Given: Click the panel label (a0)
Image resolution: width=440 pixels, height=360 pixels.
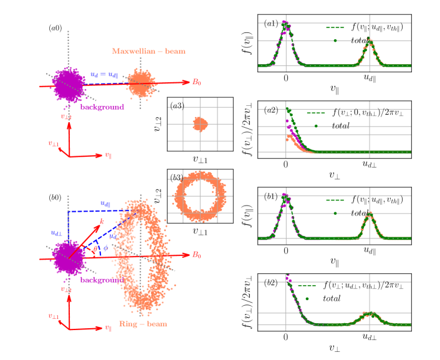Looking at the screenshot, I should tap(55, 28).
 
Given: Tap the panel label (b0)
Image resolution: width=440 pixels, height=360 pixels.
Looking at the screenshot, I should tap(55, 198).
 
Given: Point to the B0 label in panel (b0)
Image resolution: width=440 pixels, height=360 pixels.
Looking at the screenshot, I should tap(196, 254).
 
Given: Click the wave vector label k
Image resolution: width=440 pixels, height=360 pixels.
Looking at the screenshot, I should tap(102, 221).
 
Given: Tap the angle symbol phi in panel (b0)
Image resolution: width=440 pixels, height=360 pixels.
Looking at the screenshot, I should tap(105, 247).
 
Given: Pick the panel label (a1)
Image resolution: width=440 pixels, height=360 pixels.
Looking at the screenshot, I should tap(271, 24).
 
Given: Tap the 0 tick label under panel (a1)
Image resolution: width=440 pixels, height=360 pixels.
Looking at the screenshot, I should tap(285, 78).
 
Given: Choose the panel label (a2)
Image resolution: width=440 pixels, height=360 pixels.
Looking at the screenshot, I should tap(271, 110).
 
